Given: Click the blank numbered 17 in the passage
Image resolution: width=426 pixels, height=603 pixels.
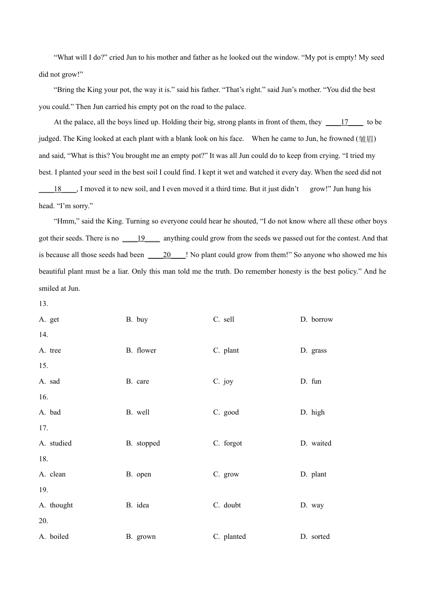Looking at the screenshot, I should [x=344, y=122].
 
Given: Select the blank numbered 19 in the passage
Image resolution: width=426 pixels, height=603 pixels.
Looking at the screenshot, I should [x=141, y=238].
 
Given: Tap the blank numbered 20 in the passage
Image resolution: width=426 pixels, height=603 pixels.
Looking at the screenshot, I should [x=167, y=255].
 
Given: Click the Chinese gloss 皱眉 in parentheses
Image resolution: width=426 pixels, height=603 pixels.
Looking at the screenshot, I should [x=366, y=139].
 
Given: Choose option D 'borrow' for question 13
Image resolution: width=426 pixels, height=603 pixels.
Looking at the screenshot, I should [x=322, y=319].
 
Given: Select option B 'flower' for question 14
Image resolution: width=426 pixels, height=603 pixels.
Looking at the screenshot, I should [x=146, y=350].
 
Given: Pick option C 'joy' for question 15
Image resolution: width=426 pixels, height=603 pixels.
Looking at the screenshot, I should [x=228, y=381].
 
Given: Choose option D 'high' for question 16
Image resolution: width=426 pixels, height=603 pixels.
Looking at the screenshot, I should [x=318, y=412].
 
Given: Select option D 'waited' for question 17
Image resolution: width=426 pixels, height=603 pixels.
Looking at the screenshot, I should [x=321, y=443].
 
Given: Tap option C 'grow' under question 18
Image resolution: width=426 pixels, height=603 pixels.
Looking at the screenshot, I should [x=231, y=474].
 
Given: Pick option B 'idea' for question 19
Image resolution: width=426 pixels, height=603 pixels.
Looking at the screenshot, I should [x=143, y=505].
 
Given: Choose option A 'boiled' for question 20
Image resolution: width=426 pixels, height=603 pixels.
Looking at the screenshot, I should [x=59, y=537].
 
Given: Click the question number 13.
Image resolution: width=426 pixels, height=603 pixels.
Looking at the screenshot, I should [x=43, y=304].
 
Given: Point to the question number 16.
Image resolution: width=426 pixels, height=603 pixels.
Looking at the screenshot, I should [x=43, y=397].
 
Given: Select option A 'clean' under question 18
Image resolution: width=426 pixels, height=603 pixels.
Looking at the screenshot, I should [x=57, y=474].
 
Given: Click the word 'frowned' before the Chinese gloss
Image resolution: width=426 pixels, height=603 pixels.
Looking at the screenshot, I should [x=341, y=139].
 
